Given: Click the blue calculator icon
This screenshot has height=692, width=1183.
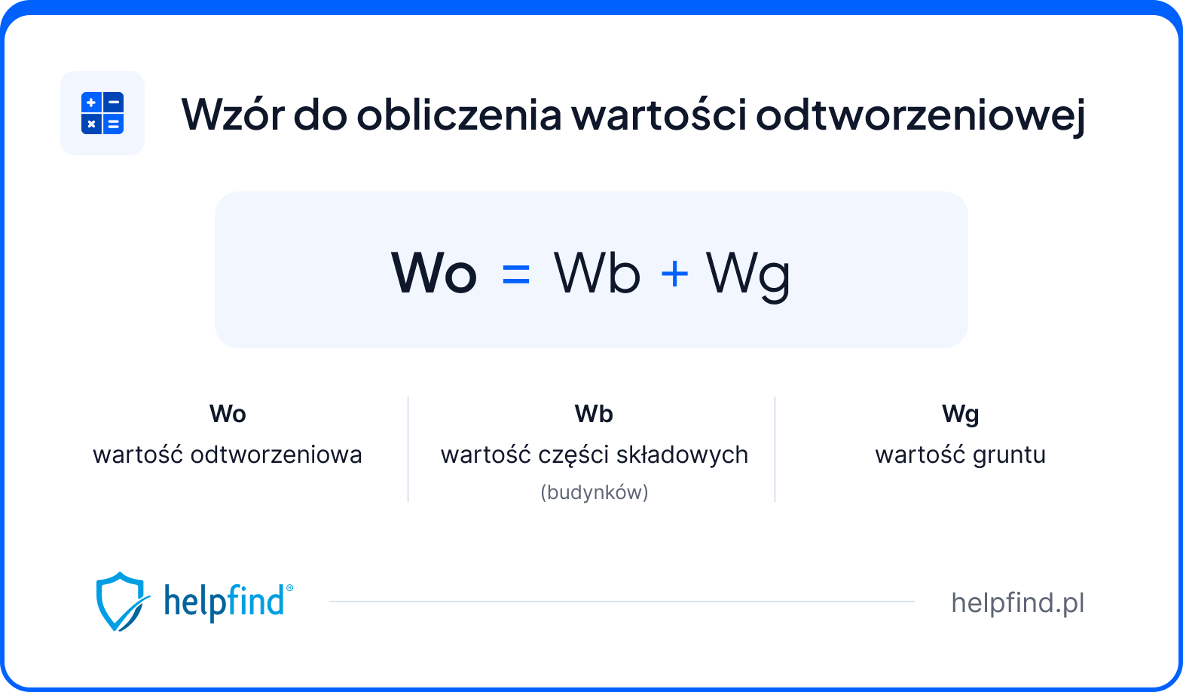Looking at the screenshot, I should [102, 113].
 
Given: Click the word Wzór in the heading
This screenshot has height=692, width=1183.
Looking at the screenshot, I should [233, 115].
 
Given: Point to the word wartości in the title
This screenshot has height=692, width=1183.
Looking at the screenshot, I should [659, 115].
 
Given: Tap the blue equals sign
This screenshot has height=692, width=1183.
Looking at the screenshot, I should [515, 274].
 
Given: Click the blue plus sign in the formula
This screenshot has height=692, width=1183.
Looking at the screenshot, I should [674, 273].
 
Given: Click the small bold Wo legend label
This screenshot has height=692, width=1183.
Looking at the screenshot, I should [228, 414].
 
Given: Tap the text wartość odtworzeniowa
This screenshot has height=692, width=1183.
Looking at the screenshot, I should [228, 455].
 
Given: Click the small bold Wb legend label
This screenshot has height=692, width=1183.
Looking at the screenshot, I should [594, 414].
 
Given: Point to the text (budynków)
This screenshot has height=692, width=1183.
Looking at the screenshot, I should [594, 492].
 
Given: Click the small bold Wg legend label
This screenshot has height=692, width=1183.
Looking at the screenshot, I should [960, 415].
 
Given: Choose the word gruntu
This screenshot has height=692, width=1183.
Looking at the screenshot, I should [1008, 455].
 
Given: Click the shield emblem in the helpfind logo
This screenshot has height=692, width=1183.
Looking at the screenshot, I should [121, 601].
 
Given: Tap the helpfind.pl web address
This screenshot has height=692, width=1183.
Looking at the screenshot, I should [1017, 603].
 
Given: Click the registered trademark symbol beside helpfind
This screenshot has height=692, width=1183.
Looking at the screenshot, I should [289, 588].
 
